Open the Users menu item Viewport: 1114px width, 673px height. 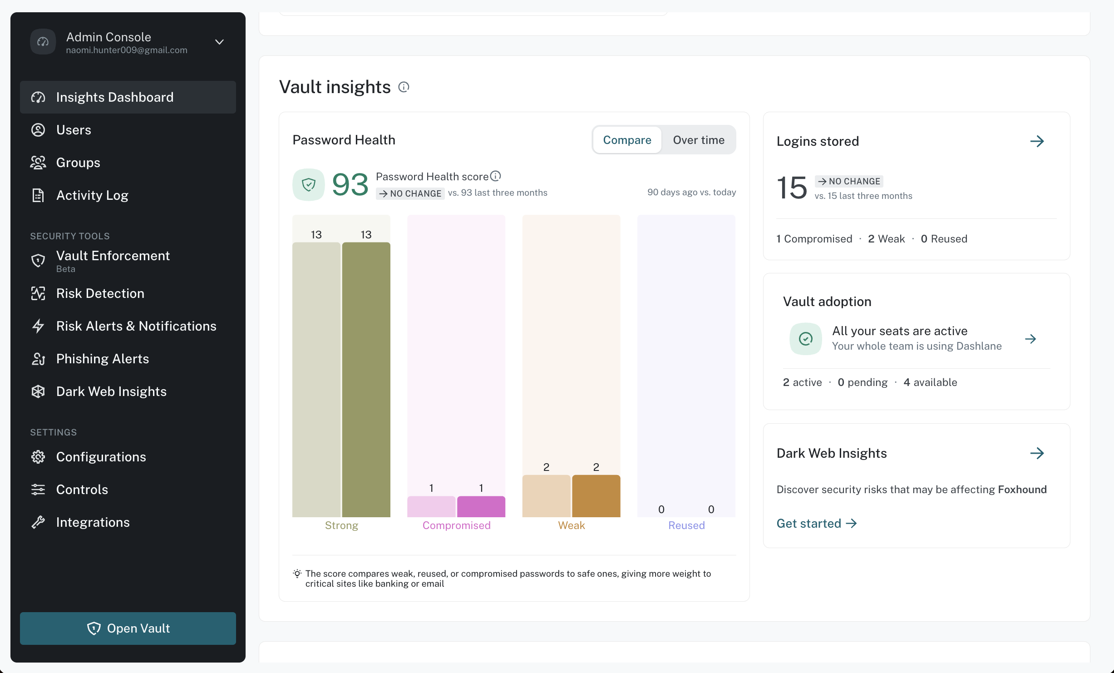[74, 130]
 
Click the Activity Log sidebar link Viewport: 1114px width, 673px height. [92, 195]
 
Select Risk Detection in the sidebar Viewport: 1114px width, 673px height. [100, 293]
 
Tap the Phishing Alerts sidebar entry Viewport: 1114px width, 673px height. [103, 359]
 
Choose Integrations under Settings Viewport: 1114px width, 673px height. [93, 522]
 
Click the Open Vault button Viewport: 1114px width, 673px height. [128, 628]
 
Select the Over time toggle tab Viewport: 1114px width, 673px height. [699, 140]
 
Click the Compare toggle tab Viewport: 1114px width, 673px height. [627, 140]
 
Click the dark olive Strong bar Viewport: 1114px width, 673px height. [366, 380]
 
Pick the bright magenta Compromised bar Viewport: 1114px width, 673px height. [481, 507]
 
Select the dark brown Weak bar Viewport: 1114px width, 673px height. [596, 496]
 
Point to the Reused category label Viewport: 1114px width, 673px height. [686, 525]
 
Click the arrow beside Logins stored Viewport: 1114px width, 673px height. [1037, 141]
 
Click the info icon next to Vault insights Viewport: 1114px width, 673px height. [404, 87]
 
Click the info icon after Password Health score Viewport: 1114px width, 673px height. [496, 176]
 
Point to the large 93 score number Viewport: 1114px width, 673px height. [350, 185]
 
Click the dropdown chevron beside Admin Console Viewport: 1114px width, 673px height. [219, 42]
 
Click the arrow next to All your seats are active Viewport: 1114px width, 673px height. [1030, 339]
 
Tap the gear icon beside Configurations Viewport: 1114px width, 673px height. [38, 457]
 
